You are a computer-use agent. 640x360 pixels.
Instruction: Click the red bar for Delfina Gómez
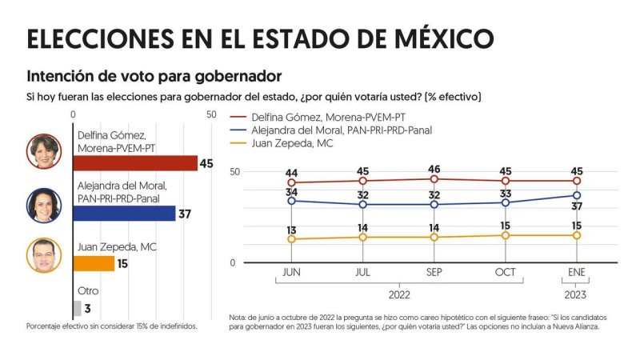click(134, 163)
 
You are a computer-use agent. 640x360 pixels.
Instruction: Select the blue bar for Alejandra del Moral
click(123, 214)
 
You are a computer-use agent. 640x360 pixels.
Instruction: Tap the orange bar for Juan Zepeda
click(93, 263)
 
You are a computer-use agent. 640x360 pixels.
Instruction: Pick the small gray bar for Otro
click(76, 308)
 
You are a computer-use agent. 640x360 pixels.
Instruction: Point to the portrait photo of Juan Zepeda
click(44, 255)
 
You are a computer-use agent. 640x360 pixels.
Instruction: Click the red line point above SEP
click(434, 179)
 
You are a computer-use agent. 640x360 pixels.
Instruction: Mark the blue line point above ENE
click(576, 195)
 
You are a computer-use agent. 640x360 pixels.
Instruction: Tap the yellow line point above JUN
click(291, 239)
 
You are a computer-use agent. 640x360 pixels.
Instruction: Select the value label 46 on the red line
click(434, 169)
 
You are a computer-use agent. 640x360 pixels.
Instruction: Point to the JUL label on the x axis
click(363, 273)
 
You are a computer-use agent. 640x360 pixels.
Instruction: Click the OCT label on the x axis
click(506, 273)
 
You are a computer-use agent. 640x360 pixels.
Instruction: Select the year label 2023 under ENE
click(576, 294)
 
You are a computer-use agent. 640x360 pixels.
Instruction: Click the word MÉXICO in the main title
click(430, 38)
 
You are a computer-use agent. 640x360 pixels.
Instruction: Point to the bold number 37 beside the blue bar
click(184, 214)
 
